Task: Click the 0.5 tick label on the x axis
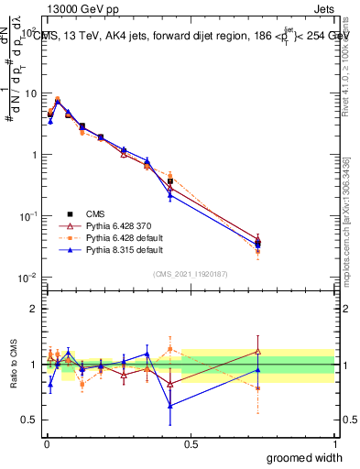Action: (x=190, y=443)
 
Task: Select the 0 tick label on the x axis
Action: (x=46, y=443)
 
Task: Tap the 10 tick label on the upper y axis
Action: (x=30, y=93)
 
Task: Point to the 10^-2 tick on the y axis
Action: (x=28, y=278)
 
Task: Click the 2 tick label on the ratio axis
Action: (x=34, y=309)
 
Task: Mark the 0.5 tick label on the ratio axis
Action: (x=29, y=421)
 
